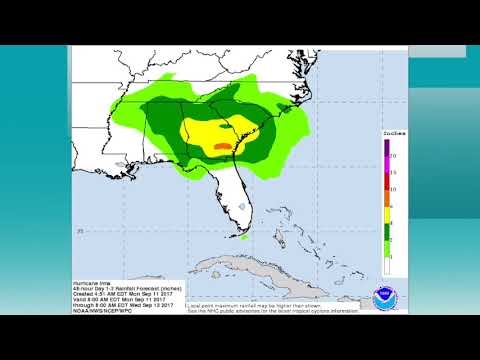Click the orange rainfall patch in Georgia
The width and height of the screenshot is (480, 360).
tap(222, 147)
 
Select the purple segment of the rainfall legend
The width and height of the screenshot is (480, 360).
tap(386, 148)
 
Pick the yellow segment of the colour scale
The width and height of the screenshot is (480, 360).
tap(386, 211)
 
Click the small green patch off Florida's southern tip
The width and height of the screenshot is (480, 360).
tap(244, 237)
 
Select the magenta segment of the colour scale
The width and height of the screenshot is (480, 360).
tap(386, 163)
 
